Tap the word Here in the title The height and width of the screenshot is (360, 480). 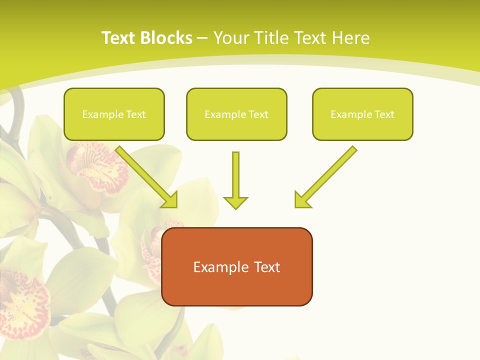pyautogui.click(x=349, y=38)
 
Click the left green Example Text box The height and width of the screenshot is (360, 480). pyautogui.click(x=114, y=114)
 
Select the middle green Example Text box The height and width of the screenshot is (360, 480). pyautogui.click(x=236, y=114)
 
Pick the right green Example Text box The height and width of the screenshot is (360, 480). pyautogui.click(x=362, y=114)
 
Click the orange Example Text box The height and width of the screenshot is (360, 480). pyautogui.click(x=237, y=266)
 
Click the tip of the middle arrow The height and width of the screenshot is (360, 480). pyautogui.click(x=235, y=207)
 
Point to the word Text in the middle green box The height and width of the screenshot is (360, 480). pyautogui.click(x=258, y=114)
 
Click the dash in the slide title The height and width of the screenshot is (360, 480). pyautogui.click(x=202, y=38)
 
